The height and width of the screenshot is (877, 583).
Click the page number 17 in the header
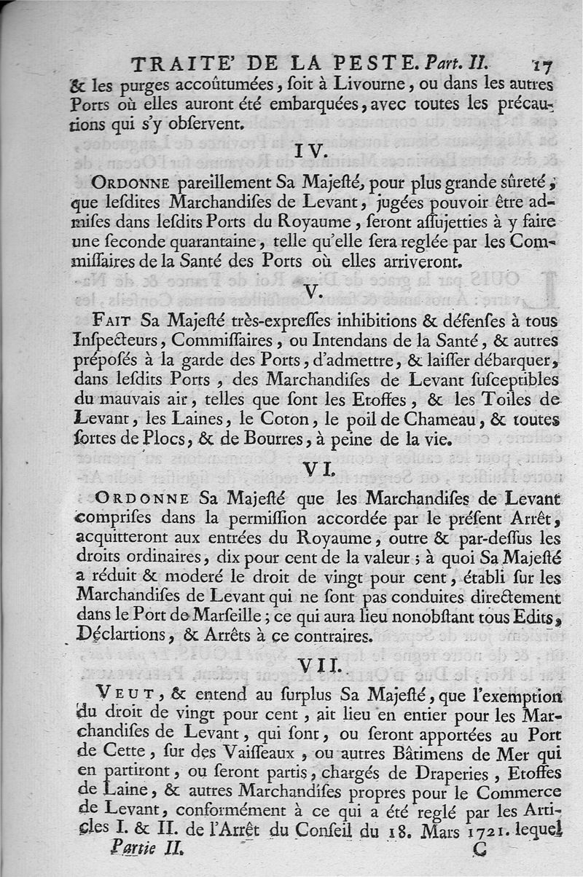[x=543, y=64]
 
